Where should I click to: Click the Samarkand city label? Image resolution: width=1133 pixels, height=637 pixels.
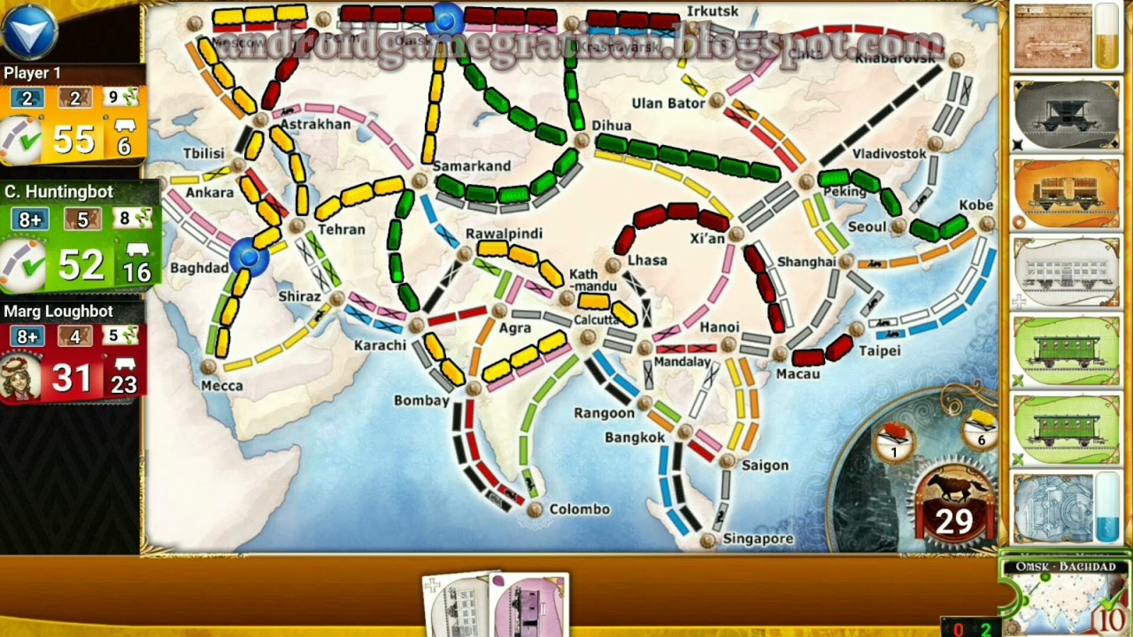point(472,166)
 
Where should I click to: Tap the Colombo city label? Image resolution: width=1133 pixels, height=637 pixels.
point(579,509)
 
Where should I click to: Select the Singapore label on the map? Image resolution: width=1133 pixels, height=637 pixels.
point(758,539)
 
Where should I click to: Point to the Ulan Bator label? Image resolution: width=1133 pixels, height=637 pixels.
point(668,103)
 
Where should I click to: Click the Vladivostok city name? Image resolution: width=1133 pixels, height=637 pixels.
point(889,154)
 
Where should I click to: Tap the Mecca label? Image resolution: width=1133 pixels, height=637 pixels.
point(222,386)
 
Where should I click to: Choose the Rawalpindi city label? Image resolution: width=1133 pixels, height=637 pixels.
point(503,234)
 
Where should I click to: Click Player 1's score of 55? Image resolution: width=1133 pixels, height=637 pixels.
point(74,139)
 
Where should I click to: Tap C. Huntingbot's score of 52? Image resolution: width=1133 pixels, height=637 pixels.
point(81,265)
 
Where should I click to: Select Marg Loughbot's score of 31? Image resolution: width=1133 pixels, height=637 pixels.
point(72,378)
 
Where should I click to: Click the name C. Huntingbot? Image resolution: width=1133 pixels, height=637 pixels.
point(59,192)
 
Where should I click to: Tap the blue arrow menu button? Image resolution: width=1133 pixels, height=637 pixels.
point(30,30)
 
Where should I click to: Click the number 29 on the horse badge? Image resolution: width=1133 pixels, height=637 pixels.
point(954,522)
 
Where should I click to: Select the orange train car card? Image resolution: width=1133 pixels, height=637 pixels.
point(1066,193)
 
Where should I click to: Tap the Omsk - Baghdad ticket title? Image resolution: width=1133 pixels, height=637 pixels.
point(1065,567)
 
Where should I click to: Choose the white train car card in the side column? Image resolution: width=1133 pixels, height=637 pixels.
point(1066,271)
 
